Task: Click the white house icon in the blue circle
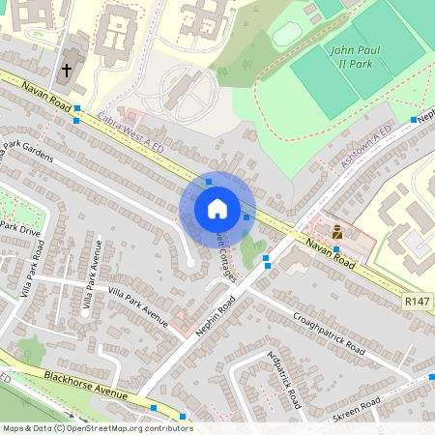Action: tap(217, 209)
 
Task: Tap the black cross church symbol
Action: tap(68, 71)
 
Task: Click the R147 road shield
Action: tap(418, 303)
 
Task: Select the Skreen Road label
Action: tap(366, 408)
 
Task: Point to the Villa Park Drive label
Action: tap(19, 230)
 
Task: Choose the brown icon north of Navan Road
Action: tap(336, 231)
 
